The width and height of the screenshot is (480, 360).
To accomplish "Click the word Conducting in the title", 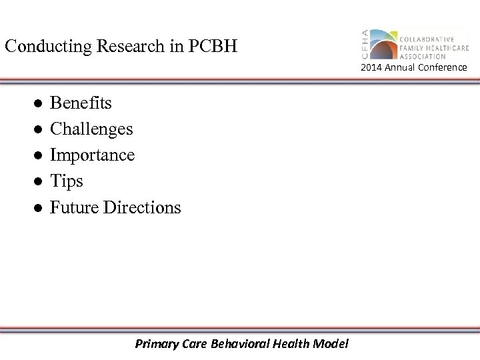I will (x=45, y=47).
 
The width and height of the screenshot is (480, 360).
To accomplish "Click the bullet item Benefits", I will (x=81, y=103).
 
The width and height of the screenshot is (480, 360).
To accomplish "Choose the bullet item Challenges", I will (x=92, y=129).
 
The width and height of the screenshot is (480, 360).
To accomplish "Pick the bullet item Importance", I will (x=93, y=155).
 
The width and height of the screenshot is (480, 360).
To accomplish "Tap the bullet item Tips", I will (x=67, y=181).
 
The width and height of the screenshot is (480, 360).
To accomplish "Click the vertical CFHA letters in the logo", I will (x=365, y=45).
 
